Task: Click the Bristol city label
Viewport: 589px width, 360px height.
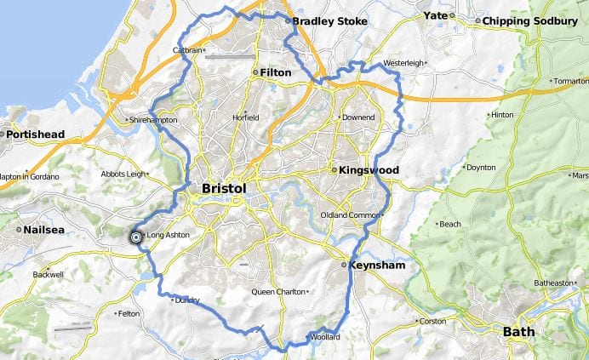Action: click(x=224, y=188)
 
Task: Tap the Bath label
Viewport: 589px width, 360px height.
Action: click(x=518, y=331)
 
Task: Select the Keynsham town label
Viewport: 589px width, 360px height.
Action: click(x=376, y=266)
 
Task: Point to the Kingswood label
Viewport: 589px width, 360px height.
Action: click(x=369, y=170)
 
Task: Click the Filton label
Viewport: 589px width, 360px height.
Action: click(x=276, y=73)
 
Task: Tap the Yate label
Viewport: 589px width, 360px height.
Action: click(x=435, y=16)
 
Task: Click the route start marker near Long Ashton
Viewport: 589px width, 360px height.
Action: click(x=135, y=237)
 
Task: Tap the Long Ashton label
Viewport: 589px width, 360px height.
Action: click(x=168, y=235)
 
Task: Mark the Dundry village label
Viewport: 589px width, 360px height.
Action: click(x=186, y=300)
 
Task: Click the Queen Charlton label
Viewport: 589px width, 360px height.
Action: click(x=277, y=292)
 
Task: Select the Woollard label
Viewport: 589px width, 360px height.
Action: click(x=326, y=338)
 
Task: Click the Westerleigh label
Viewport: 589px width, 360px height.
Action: click(x=403, y=64)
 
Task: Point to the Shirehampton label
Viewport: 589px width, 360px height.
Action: click(x=154, y=121)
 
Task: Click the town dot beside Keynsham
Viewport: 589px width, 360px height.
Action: click(x=344, y=266)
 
